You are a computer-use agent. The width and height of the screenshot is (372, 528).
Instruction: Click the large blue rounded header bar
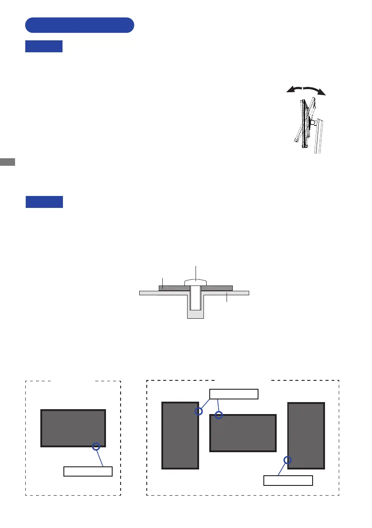tap(80, 25)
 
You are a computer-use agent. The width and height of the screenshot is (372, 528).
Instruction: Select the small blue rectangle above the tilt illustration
tap(44, 47)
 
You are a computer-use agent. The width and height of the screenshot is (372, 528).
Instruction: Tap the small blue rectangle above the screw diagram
tap(44, 202)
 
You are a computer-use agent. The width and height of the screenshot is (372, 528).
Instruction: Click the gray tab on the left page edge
tap(8, 161)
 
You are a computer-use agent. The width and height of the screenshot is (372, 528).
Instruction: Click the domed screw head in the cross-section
tap(196, 282)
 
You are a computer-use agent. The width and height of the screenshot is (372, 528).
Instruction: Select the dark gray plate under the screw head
tap(173, 288)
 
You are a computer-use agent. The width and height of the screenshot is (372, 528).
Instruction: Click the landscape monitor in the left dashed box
tap(73, 428)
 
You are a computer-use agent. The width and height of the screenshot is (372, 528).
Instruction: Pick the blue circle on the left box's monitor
tap(96, 447)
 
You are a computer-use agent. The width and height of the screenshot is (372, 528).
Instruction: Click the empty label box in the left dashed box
tap(88, 471)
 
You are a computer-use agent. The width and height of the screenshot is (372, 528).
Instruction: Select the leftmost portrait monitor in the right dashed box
tap(180, 435)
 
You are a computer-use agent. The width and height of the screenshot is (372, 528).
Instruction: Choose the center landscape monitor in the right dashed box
tap(243, 433)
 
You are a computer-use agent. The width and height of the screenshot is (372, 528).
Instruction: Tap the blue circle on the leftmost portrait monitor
tap(199, 411)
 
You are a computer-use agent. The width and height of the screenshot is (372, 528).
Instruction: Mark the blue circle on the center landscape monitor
tap(219, 415)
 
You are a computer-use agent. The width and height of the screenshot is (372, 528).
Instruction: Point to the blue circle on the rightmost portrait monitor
tap(288, 460)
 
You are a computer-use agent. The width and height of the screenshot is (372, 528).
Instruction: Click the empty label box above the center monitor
tap(233, 394)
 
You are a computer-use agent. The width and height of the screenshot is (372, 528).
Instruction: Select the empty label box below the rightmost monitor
tap(288, 481)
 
